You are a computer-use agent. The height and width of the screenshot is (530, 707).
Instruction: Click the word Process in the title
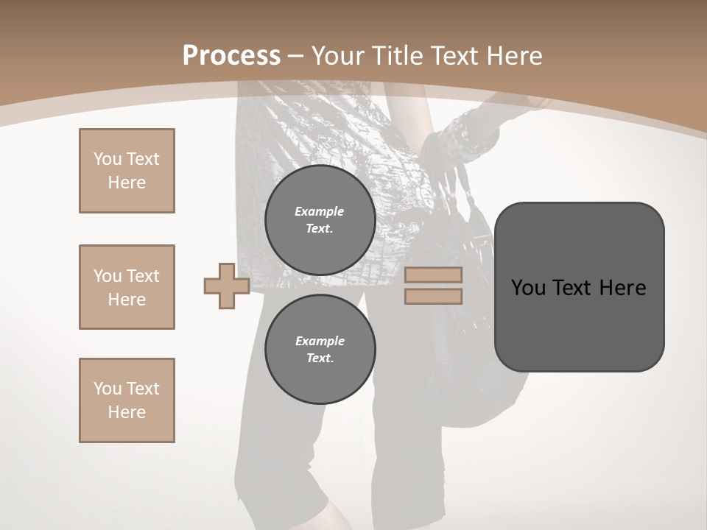pos(231,56)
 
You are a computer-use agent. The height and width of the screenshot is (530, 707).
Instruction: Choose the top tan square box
pos(127,171)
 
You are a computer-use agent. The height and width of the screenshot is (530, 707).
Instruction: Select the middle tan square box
pos(127,287)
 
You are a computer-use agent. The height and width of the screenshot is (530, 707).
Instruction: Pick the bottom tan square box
pos(127,400)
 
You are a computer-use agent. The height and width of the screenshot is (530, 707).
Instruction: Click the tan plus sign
pos(226,286)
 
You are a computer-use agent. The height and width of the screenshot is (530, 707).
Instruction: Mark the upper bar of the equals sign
pos(433,275)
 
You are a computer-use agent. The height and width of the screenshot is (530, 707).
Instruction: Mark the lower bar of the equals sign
pos(433,297)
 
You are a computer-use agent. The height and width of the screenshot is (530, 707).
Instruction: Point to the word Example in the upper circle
pos(320,211)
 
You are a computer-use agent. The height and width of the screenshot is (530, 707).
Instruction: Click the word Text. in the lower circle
pos(320,358)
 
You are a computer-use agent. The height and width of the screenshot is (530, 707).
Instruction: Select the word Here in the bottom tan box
pos(127,412)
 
